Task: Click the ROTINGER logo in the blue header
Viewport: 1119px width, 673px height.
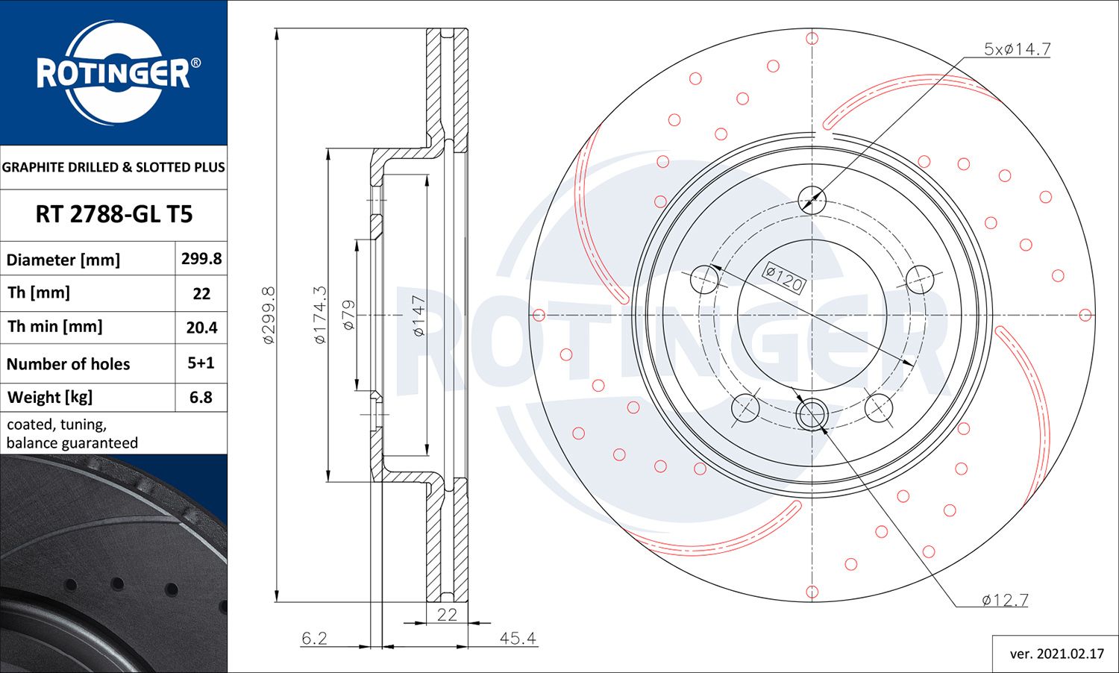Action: click(x=113, y=73)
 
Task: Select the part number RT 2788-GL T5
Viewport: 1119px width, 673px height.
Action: click(x=113, y=214)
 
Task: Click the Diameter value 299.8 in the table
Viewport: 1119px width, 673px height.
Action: click(x=201, y=259)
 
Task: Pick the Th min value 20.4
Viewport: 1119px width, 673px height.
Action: click(x=201, y=328)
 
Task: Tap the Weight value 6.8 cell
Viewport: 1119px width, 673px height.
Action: click(x=201, y=397)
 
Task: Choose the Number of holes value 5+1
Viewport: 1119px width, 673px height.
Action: click(x=201, y=363)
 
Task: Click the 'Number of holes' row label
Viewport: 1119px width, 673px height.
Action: click(x=69, y=364)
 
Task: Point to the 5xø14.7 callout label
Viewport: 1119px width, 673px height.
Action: click(x=1017, y=49)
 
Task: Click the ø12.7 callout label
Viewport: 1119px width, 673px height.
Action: click(x=1005, y=600)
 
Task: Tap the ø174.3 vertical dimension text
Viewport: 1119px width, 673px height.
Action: click(x=320, y=315)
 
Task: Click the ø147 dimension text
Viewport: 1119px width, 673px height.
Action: click(x=419, y=316)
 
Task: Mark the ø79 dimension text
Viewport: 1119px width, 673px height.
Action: click(x=348, y=315)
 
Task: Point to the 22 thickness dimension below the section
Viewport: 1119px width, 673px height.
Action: click(x=447, y=614)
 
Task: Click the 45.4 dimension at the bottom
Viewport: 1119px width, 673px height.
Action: click(x=518, y=639)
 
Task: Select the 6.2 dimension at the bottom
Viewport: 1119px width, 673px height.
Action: click(x=314, y=639)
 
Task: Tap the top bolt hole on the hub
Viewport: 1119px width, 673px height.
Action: click(x=812, y=199)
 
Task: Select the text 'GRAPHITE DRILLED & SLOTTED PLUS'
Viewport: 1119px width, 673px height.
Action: click(x=113, y=167)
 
